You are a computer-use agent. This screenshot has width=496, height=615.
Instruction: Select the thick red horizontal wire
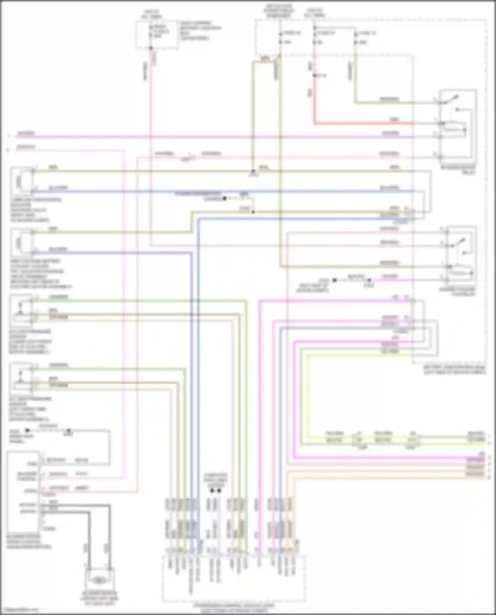(x=364, y=124)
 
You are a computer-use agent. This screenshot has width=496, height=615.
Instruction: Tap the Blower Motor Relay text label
(x=458, y=170)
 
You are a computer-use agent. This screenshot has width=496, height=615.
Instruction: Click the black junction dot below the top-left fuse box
(x=151, y=48)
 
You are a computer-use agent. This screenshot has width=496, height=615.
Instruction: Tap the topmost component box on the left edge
(x=21, y=181)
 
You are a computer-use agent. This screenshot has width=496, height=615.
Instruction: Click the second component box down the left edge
(x=21, y=243)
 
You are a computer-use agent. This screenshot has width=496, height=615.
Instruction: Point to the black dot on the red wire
(x=314, y=76)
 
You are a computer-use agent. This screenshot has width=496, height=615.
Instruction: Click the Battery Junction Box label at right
(x=455, y=369)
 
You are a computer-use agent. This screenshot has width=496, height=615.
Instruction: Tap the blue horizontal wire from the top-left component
(x=198, y=191)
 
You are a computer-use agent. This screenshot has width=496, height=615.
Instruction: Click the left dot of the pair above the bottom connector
(x=212, y=491)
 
